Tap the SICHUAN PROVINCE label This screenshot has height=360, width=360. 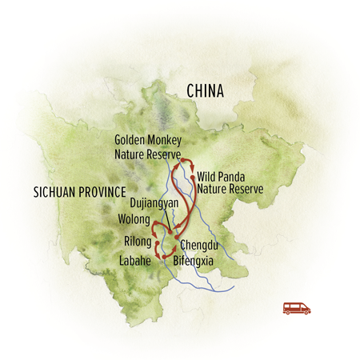pos(81,192)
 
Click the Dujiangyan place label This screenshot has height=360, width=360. pos(153,204)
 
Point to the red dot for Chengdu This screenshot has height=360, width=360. pos(174,237)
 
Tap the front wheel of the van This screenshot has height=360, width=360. pos(304,312)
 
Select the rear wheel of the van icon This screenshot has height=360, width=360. pos(288,312)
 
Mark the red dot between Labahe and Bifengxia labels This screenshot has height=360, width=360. pos(166,255)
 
